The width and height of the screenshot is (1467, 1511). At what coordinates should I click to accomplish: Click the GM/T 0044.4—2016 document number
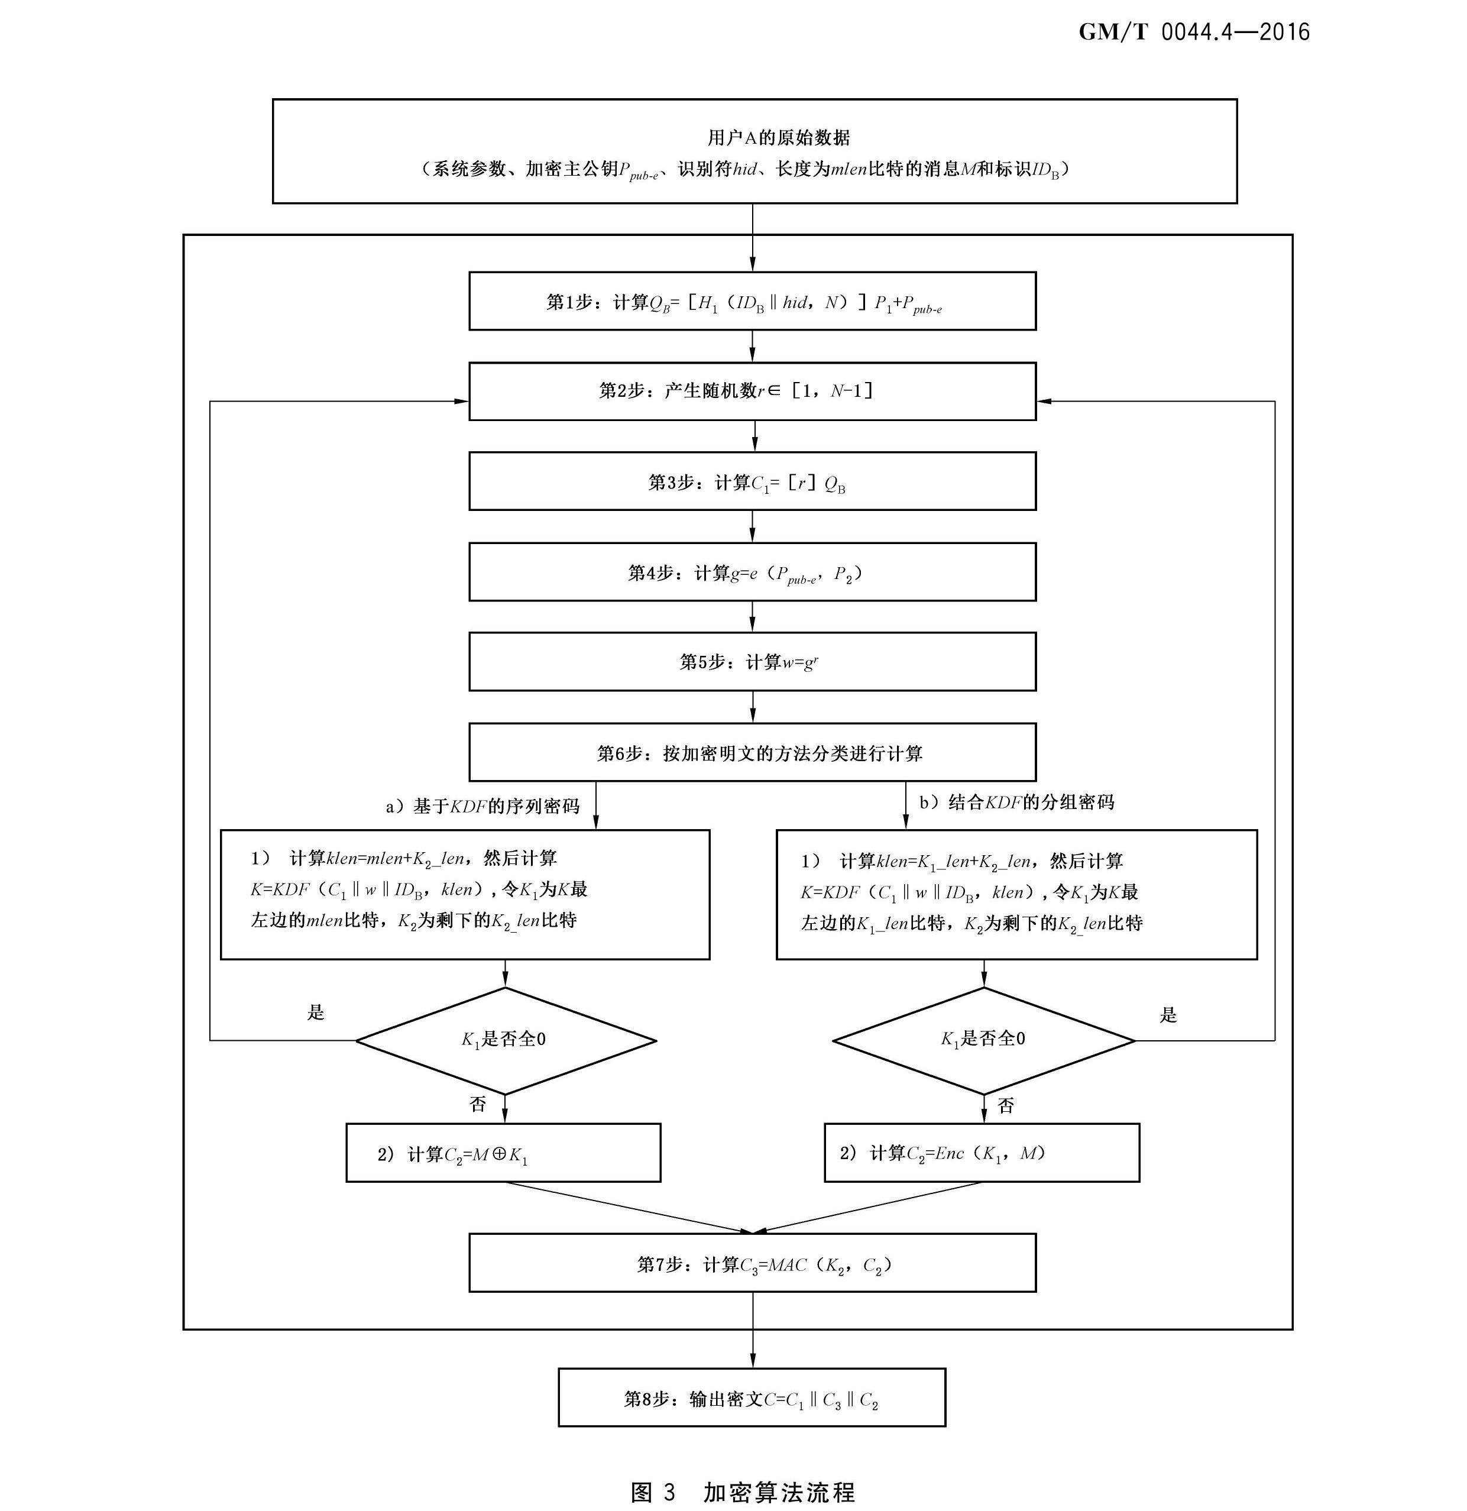[1193, 31]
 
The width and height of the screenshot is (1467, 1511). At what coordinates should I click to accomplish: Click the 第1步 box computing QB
[752, 302]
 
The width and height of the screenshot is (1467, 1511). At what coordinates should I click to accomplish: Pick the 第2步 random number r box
[752, 391]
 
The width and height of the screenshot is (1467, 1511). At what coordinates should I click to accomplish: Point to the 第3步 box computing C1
[752, 482]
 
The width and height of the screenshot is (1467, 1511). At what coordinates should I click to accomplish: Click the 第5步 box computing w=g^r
[752, 661]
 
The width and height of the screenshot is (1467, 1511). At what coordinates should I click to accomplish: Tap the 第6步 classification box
[752, 752]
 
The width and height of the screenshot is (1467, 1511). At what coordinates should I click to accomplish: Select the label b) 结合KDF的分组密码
[1016, 803]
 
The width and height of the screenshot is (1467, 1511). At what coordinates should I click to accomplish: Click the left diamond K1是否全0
[505, 1040]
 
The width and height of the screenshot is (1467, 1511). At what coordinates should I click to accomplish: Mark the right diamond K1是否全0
[984, 1040]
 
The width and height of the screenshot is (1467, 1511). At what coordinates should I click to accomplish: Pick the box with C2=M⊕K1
[503, 1153]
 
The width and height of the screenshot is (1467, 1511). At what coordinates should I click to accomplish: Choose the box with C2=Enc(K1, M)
[982, 1153]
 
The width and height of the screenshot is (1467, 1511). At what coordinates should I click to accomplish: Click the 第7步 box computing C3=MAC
[752, 1264]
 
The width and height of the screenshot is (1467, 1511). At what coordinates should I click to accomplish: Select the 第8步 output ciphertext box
[752, 1397]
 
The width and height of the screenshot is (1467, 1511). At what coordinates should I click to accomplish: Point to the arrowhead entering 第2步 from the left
[462, 401]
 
